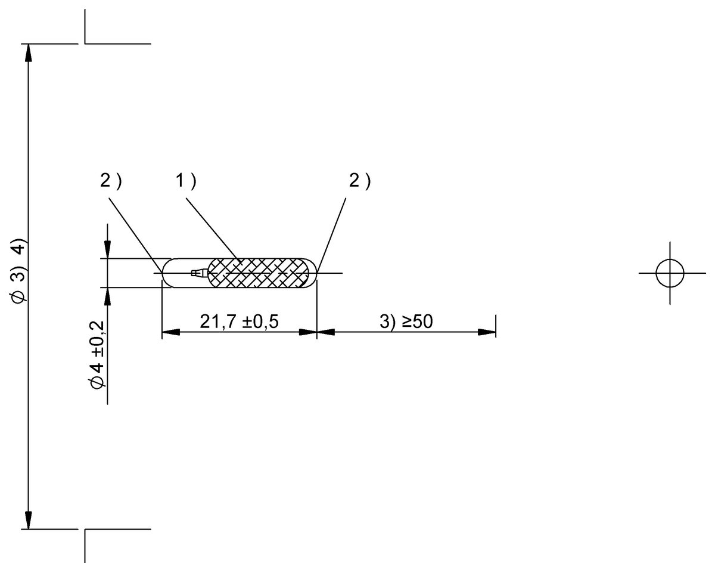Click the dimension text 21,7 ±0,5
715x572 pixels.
coord(240,321)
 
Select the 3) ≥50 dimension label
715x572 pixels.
coord(406,321)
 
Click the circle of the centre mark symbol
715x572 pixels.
coord(669,273)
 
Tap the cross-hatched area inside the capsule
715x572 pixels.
coord(262,273)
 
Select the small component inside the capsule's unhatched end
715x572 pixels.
coord(197,273)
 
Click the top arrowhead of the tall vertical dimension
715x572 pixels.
coord(27,52)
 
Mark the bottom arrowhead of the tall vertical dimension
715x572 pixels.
coord(27,521)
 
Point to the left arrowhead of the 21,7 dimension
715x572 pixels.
coord(170,333)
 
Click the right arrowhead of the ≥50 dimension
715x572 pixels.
coord(488,333)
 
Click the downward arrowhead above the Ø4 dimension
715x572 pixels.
coord(107,251)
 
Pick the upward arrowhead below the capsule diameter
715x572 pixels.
coord(107,295)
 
